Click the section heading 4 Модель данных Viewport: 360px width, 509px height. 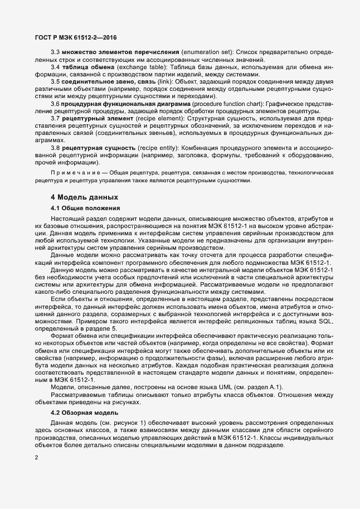[x=77, y=197]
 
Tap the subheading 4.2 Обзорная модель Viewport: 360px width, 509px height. [x=84, y=413]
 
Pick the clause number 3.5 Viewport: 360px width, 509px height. [x=55, y=81]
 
